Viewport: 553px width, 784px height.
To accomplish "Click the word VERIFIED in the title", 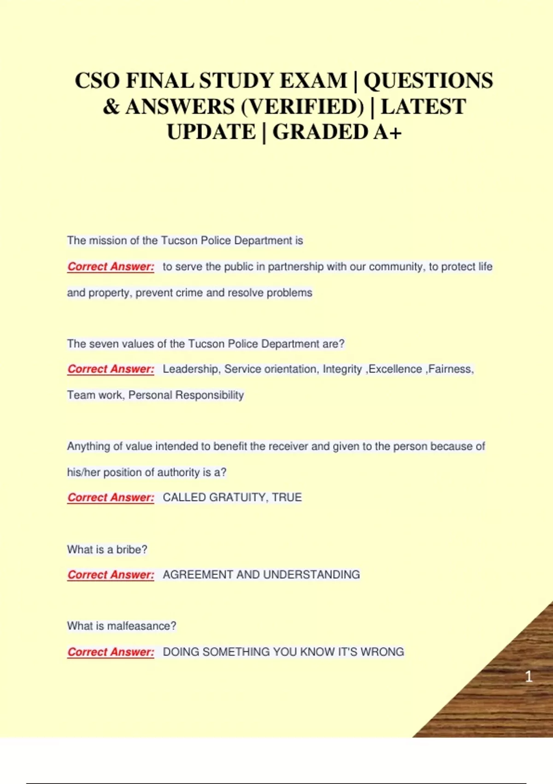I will click(302, 107).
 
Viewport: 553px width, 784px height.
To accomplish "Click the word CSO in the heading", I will click(97, 81).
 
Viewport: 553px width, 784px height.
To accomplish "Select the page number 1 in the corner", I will click(529, 677).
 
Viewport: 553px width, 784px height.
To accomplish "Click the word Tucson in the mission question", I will click(179, 240).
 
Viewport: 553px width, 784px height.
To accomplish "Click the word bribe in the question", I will click(131, 549).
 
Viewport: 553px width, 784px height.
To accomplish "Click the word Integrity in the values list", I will click(342, 369).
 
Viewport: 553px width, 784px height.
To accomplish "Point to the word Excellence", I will click(395, 369).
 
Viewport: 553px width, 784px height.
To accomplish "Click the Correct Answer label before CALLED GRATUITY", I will click(111, 498).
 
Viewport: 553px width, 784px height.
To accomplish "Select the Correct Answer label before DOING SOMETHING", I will click(111, 652).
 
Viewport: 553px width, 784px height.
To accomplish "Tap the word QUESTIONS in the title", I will click(428, 81).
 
